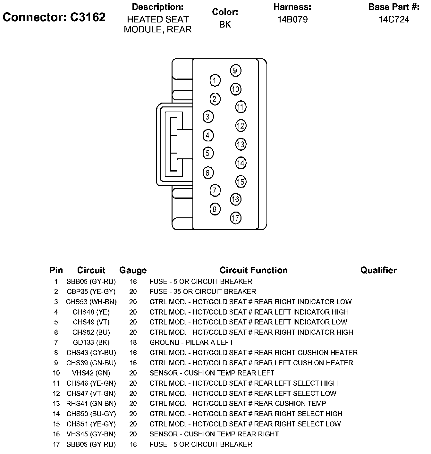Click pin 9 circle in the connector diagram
point(235,71)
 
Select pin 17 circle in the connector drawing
point(235,218)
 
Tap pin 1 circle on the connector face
point(215,80)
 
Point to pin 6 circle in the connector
point(208,173)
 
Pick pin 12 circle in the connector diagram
point(241,126)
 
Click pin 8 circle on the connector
point(215,209)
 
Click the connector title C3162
point(54,17)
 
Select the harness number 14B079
point(292,20)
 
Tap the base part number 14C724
point(394,20)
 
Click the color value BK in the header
point(225,25)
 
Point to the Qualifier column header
point(378,270)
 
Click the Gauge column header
point(133,270)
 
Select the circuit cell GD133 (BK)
point(91,342)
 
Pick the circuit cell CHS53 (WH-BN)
point(91,302)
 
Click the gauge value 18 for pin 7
point(133,342)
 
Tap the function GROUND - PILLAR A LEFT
point(191,342)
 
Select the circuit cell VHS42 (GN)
point(91,373)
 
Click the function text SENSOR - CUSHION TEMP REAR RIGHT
point(214,434)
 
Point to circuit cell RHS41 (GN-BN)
point(91,403)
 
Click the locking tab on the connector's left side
point(173,144)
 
